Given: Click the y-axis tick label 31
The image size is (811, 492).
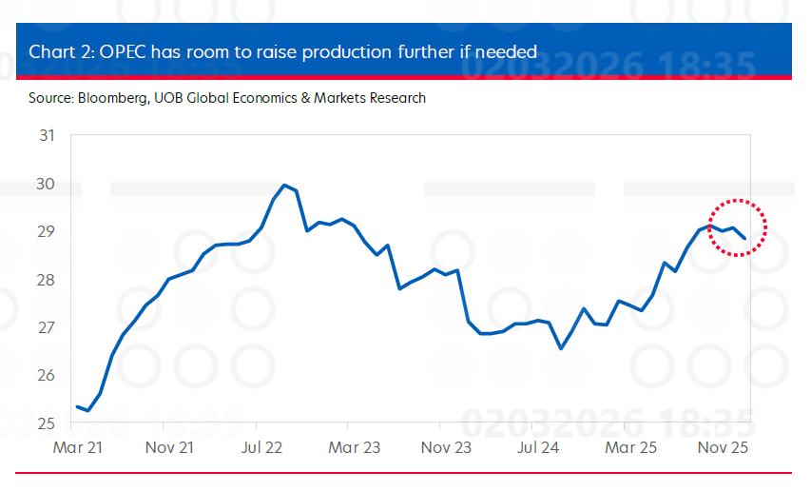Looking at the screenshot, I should click(47, 135).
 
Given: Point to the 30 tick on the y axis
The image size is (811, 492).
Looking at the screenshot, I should click(47, 184).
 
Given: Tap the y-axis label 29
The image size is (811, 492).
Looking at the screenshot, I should click(47, 231).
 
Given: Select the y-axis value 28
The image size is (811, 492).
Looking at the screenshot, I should click(47, 280).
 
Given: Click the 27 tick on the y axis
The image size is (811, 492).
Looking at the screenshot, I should click(47, 327).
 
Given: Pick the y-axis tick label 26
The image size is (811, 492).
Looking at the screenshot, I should click(47, 376).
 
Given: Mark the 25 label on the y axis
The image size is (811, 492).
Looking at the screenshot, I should click(47, 423).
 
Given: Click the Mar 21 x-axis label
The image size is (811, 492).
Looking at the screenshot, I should click(77, 447).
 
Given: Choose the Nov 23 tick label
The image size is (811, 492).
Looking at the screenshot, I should click(445, 447).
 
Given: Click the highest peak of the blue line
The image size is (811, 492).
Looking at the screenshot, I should click(284, 185).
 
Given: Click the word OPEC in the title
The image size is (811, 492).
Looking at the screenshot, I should click(121, 50).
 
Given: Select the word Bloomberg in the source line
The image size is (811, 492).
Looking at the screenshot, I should click(107, 98).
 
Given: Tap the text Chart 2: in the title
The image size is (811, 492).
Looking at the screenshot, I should click(59, 50).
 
